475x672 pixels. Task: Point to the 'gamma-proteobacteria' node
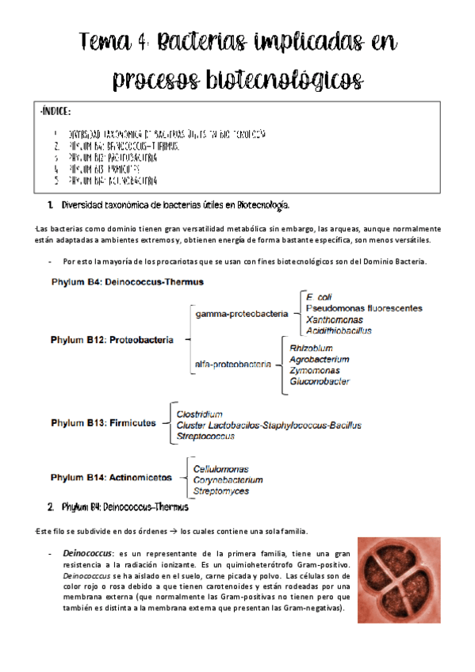pyautogui.click(x=242, y=314)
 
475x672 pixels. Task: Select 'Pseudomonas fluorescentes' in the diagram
pyautogui.click(x=364, y=308)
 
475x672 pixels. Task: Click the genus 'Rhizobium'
pyautogui.click(x=311, y=348)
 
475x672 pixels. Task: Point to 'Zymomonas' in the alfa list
pyautogui.click(x=314, y=370)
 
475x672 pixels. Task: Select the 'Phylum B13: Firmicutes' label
pyautogui.click(x=103, y=423)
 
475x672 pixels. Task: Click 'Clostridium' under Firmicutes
pyautogui.click(x=199, y=414)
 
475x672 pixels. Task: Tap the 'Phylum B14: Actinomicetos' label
pyautogui.click(x=110, y=478)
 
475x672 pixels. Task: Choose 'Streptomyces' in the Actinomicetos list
pyautogui.click(x=220, y=491)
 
